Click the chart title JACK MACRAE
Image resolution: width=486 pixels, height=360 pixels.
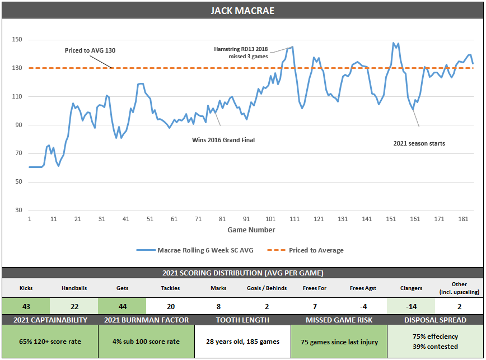[x=242, y=11]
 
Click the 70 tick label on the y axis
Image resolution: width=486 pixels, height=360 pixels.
[x=19, y=153]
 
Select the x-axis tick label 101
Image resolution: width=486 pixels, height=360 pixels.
[x=270, y=219]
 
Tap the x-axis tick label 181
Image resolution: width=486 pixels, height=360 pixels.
[x=463, y=219]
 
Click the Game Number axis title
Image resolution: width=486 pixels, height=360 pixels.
[x=251, y=230]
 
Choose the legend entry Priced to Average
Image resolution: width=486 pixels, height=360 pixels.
[x=316, y=250]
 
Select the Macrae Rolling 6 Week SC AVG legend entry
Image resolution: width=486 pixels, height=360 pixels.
[x=205, y=250]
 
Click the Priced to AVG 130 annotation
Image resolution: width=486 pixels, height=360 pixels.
[x=90, y=50]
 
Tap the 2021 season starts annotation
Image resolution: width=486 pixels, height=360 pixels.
[x=419, y=143]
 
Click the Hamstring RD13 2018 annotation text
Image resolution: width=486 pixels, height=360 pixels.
[x=241, y=49]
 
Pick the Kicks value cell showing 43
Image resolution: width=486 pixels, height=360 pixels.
[x=26, y=306]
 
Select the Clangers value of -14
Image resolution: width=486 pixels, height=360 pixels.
[x=410, y=306]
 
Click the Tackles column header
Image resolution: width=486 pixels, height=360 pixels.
[x=170, y=288]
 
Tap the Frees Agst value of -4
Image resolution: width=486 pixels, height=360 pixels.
[x=362, y=306]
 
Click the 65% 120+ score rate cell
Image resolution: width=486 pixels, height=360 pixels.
[x=50, y=342]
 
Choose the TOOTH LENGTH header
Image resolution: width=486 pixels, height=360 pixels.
[x=242, y=320]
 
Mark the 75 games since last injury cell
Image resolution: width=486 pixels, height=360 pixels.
[x=338, y=342]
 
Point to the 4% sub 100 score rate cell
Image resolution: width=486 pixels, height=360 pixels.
[x=146, y=342]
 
